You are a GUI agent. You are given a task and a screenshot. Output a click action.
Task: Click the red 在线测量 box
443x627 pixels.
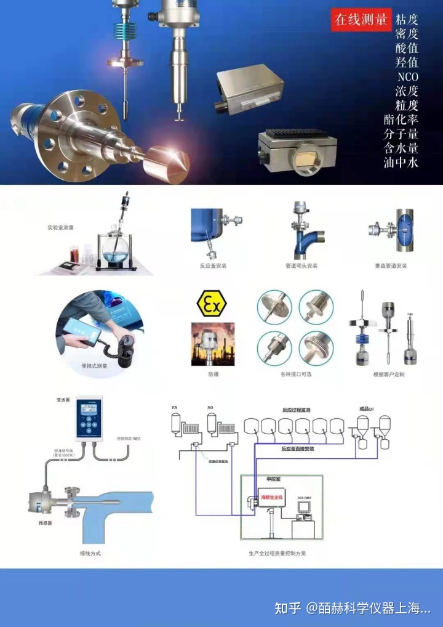click(361, 20)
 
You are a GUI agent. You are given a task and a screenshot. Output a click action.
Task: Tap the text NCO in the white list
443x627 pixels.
click(407, 77)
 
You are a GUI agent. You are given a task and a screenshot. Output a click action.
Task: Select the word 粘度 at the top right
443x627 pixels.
click(407, 19)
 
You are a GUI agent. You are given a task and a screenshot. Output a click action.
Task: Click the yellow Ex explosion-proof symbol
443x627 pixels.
click(211, 303)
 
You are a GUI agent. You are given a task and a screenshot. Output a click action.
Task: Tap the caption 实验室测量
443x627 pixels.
click(60, 227)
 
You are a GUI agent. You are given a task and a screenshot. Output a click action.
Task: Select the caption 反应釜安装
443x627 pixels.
click(212, 265)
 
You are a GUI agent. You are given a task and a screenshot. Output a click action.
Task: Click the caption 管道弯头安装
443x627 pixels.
click(301, 265)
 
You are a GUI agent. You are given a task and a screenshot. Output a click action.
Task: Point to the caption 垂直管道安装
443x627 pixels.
click(391, 265)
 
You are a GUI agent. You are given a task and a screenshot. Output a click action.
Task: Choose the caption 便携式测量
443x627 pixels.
click(94, 366)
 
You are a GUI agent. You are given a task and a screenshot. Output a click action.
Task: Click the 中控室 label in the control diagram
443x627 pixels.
click(273, 478)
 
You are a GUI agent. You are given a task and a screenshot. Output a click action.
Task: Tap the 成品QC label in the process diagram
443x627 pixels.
click(367, 408)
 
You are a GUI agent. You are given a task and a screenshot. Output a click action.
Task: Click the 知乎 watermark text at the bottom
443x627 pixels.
click(288, 609)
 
